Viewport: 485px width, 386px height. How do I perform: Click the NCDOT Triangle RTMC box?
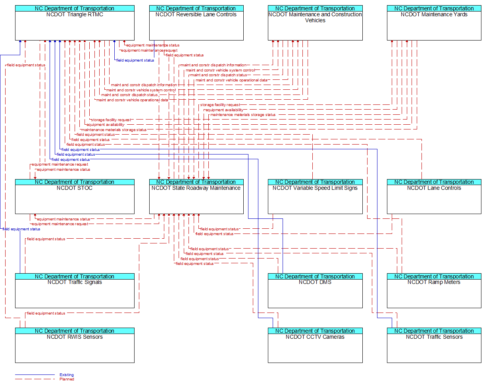75,26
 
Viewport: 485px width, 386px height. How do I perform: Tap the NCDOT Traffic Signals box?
75,293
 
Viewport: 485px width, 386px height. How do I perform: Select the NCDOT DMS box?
315,293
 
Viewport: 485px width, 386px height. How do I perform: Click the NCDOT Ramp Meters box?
434,293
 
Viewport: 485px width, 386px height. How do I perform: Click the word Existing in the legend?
67,375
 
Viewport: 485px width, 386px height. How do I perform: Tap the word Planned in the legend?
67,379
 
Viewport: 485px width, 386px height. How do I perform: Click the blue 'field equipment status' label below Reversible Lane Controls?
135,60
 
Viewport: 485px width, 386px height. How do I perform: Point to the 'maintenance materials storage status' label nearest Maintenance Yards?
242,115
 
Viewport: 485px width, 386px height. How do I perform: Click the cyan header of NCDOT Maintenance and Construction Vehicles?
315,8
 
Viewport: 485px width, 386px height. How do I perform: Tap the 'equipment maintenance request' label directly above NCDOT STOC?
60,164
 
